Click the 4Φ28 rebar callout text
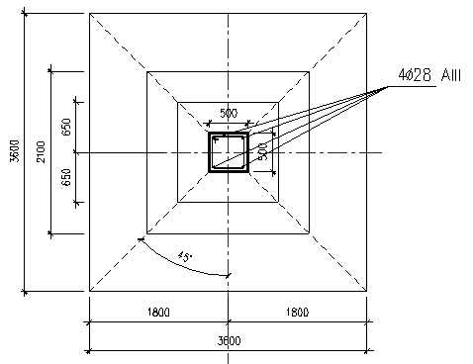click(415, 75)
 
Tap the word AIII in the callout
click(451, 75)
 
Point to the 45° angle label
click(185, 256)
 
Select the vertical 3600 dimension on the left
click(15, 151)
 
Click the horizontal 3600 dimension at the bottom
click(229, 340)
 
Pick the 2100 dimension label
click(41, 151)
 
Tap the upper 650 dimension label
click(66, 127)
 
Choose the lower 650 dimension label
click(66, 177)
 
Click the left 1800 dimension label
click(158, 312)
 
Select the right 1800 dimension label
click(298, 312)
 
